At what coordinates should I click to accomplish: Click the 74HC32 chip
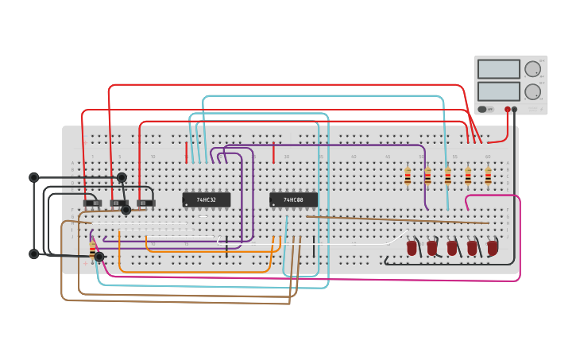[207, 199]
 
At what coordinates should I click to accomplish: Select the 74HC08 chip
[293, 199]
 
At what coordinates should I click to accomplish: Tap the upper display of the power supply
[498, 69]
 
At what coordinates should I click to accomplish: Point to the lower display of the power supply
[498, 91]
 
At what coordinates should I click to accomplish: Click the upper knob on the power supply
[532, 69]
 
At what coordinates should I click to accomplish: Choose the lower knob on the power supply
[532, 91]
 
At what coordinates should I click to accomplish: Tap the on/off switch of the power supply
[482, 109]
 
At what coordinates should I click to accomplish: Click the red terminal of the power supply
[507, 109]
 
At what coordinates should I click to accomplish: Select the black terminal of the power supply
[515, 109]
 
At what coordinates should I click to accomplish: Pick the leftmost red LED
[412, 248]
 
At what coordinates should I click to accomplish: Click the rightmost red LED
[493, 248]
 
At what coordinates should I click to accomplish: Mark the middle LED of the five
[452, 248]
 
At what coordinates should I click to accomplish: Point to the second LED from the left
[432, 248]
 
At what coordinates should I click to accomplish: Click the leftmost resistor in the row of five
[408, 176]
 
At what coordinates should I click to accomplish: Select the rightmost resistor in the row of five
[488, 176]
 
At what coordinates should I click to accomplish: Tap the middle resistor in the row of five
[448, 176]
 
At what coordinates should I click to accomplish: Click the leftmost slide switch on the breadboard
[92, 203]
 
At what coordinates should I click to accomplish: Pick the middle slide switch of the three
[118, 203]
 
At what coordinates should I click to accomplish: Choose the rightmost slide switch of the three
[145, 203]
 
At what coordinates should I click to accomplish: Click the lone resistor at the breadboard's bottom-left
[93, 248]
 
